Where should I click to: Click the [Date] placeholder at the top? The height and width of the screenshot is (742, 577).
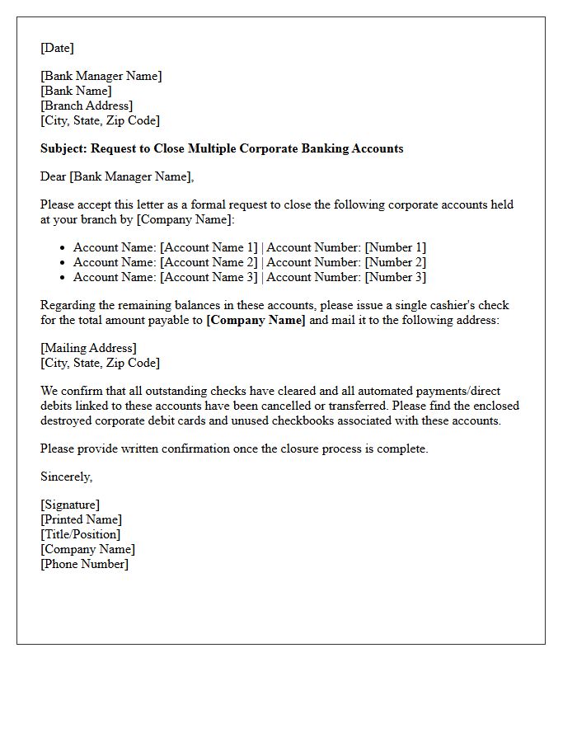57,48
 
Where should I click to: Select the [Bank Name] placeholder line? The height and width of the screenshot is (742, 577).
76,91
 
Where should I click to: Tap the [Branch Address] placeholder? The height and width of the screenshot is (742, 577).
87,106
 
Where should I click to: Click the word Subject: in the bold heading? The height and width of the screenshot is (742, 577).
63,148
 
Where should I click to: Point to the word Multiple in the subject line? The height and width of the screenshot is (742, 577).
212,148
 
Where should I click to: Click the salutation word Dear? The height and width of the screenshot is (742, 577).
54,176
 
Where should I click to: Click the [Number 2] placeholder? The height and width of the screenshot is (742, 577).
396,262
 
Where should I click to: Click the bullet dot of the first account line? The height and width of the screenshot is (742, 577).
63,247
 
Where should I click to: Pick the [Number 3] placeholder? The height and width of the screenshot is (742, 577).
396,277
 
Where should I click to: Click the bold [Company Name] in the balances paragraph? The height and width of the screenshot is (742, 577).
256,320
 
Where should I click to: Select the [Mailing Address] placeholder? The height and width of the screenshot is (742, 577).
88,348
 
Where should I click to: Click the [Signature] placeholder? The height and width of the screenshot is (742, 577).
70,505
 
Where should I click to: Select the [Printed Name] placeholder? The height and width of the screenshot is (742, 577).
81,519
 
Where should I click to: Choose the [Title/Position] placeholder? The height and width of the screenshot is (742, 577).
80,534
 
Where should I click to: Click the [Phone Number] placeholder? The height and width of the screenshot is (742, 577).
84,564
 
